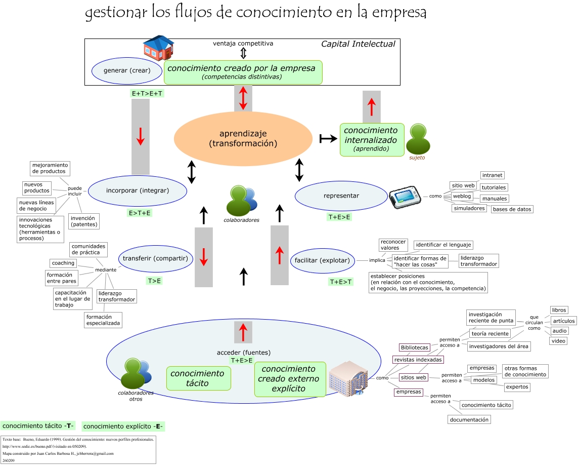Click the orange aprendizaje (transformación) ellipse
coord(243,139)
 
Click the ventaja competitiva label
coord(243,44)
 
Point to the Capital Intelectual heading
coord(358,44)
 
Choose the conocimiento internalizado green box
coord(372,138)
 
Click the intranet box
coord(492,175)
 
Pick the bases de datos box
coord(512,209)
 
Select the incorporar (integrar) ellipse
coord(138,191)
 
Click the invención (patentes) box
coord(83,221)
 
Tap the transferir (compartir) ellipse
coord(156,258)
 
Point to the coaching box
coord(63,263)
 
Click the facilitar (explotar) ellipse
coord(322,260)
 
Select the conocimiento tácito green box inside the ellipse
coord(198,378)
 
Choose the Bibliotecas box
coord(414,348)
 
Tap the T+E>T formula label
coord(341,282)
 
